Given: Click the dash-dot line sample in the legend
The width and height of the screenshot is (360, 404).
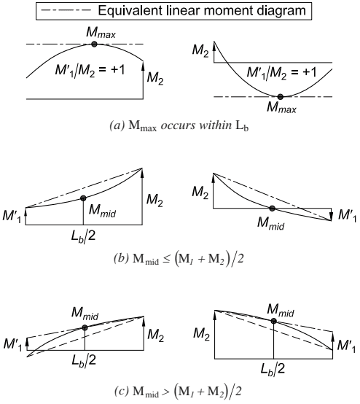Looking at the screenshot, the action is [66, 10].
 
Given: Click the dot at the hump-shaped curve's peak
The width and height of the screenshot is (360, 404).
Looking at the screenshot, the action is [94, 44].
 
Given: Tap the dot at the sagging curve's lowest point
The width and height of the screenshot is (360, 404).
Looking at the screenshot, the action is [281, 97].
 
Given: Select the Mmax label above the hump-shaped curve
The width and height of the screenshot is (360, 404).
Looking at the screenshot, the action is [101, 33].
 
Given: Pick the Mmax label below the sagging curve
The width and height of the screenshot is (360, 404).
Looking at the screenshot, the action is [281, 107].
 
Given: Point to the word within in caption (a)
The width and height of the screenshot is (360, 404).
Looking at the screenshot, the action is [215, 125].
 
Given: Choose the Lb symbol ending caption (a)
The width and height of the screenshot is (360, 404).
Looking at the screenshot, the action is [242, 126].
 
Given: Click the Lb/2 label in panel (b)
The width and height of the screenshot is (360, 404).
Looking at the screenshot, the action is [83, 236].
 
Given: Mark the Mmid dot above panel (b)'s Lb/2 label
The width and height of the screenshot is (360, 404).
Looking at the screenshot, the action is [83, 198].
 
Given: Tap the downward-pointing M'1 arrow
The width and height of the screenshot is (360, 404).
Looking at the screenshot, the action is [331, 214].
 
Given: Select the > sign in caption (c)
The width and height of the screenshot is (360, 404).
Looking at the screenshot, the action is [166, 392].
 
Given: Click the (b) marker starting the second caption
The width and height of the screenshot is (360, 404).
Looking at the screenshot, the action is [121, 259].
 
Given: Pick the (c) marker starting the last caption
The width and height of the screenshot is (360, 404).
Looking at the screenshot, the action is [121, 392].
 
